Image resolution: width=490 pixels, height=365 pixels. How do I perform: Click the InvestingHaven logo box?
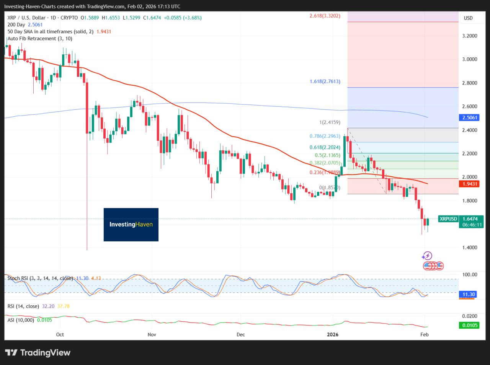[x=131, y=225]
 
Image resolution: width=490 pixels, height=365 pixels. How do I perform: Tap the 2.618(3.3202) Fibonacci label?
[x=325, y=16]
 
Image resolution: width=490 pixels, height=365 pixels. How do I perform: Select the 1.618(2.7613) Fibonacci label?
[x=325, y=81]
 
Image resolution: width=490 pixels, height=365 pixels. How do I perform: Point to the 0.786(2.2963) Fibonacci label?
[x=325, y=136]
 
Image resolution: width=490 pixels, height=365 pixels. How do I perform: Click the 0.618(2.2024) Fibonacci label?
[x=325, y=147]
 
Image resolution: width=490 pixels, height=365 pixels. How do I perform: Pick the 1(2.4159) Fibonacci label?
[x=330, y=122]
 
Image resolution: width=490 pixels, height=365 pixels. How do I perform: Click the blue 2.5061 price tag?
[x=470, y=117]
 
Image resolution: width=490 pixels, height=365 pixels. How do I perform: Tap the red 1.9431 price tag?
[x=470, y=184]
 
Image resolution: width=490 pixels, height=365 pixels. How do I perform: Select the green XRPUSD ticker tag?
[x=448, y=219]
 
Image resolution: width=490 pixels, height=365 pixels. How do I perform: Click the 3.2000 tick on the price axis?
[x=470, y=36]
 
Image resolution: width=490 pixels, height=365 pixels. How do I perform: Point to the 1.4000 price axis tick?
[x=470, y=248]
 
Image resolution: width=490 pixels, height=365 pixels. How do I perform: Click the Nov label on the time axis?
[x=152, y=334]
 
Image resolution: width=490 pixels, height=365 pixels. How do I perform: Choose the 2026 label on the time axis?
[x=333, y=334]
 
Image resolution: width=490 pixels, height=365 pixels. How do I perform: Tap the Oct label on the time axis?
[x=60, y=334]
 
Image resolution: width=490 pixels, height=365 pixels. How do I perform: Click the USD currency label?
[x=468, y=18]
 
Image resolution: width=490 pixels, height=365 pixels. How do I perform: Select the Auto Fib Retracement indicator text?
[x=40, y=39]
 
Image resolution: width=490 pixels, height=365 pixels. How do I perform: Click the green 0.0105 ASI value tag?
[x=470, y=325]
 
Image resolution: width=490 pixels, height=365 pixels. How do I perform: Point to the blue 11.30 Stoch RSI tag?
[x=469, y=294]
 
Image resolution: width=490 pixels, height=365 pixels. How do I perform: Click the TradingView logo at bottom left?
[x=38, y=352]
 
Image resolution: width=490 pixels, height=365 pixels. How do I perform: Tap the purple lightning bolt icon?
[x=427, y=256]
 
